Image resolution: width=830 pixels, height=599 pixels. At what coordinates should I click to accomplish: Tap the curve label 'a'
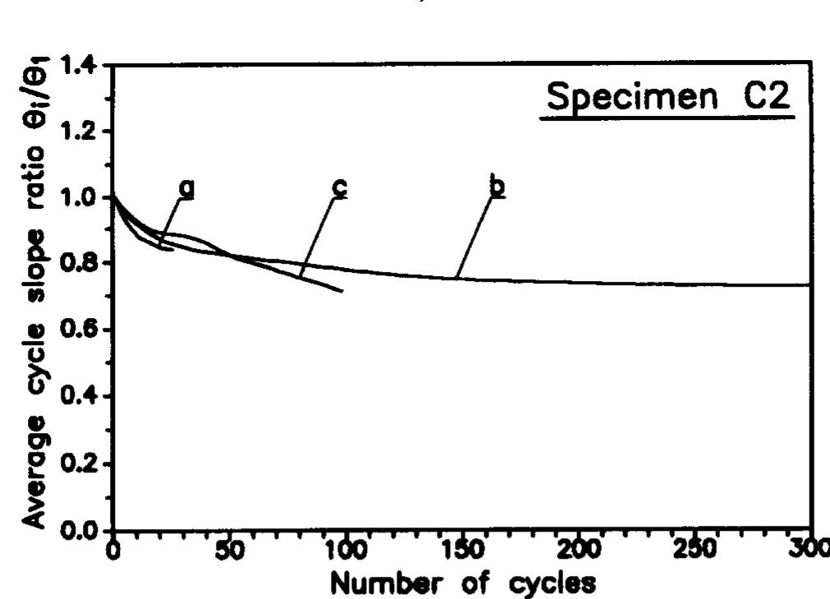click(x=188, y=188)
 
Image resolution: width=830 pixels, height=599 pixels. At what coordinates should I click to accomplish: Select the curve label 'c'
click(x=338, y=188)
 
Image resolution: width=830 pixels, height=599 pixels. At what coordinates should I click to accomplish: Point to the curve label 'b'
click(x=496, y=188)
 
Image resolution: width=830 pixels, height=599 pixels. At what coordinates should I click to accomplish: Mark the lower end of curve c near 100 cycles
click(x=342, y=291)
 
